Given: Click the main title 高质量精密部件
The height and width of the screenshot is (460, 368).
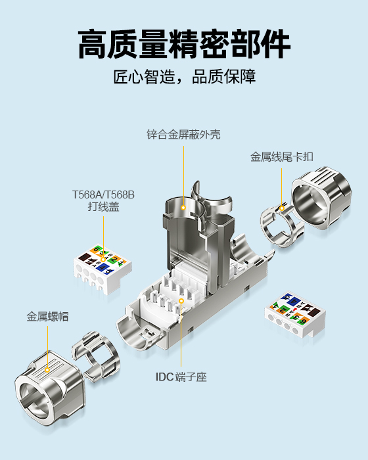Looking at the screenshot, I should (184, 45).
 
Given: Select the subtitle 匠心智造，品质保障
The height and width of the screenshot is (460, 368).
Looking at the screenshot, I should (184, 76).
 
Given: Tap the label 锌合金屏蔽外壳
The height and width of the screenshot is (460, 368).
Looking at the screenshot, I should (183, 135).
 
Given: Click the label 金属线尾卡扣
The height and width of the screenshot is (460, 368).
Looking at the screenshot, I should (282, 157).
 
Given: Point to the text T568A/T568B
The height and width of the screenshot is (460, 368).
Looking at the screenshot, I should (103, 195).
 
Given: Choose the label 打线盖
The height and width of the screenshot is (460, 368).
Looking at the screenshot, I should (103, 207).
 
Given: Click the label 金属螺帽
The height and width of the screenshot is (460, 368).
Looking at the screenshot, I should (48, 316).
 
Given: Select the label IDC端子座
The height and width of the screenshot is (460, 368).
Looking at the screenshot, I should (181, 377).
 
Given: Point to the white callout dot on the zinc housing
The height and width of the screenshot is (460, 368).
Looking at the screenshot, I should (183, 208).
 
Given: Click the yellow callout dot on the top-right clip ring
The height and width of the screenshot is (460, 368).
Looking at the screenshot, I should (282, 209).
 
